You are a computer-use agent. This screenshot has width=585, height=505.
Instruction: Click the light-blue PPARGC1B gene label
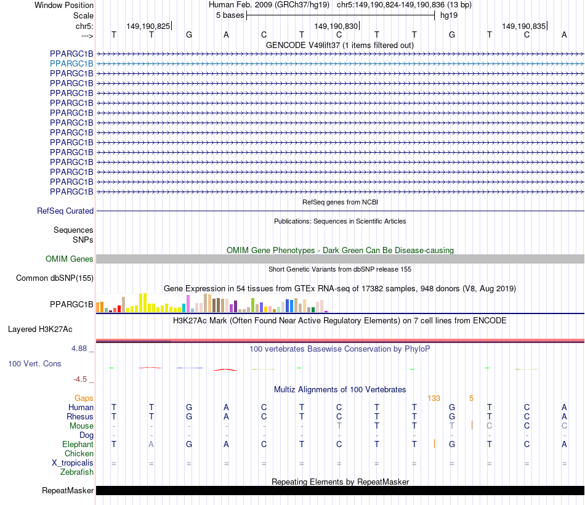[x=72, y=63]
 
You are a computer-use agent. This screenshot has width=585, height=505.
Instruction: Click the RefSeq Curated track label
[x=65, y=211]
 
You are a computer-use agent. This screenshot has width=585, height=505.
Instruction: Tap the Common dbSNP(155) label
[x=55, y=278]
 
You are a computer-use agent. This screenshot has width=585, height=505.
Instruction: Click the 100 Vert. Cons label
[x=34, y=364]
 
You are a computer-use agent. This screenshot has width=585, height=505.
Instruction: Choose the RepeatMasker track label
[x=68, y=491]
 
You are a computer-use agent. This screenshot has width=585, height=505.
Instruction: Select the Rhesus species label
[x=80, y=417]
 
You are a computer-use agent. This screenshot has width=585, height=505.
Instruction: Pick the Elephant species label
[x=78, y=445]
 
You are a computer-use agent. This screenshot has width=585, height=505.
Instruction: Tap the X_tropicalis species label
[x=73, y=463]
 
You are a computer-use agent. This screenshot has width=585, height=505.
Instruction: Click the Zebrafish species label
[x=77, y=472]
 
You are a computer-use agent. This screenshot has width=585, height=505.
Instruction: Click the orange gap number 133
[x=434, y=398]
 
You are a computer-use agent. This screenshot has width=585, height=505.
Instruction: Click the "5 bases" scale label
[x=230, y=15]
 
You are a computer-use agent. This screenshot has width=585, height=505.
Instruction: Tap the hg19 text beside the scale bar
[x=448, y=15]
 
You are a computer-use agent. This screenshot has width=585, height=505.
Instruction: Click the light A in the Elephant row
[x=151, y=445]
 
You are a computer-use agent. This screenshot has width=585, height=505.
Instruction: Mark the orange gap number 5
[x=471, y=398]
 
